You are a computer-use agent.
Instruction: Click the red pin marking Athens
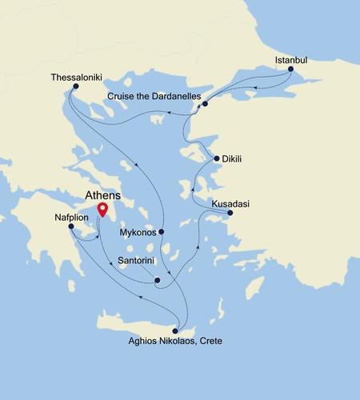coord(102,210)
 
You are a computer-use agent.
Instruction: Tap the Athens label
coord(102,194)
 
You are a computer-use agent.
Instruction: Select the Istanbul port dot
coord(290,70)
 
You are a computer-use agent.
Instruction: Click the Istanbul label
coord(290,59)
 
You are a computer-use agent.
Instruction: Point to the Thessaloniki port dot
coord(75,86)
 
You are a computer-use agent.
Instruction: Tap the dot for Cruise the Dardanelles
coord(206,104)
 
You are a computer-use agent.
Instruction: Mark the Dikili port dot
coord(216,158)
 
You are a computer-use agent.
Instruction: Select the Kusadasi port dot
coord(230,213)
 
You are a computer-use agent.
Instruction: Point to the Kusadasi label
coord(230,203)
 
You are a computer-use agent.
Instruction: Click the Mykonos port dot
coord(162,232)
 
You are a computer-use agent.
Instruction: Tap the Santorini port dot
coord(157,280)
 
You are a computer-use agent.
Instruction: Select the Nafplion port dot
coord(71,226)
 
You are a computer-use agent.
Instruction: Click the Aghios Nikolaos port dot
coord(175,330)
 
